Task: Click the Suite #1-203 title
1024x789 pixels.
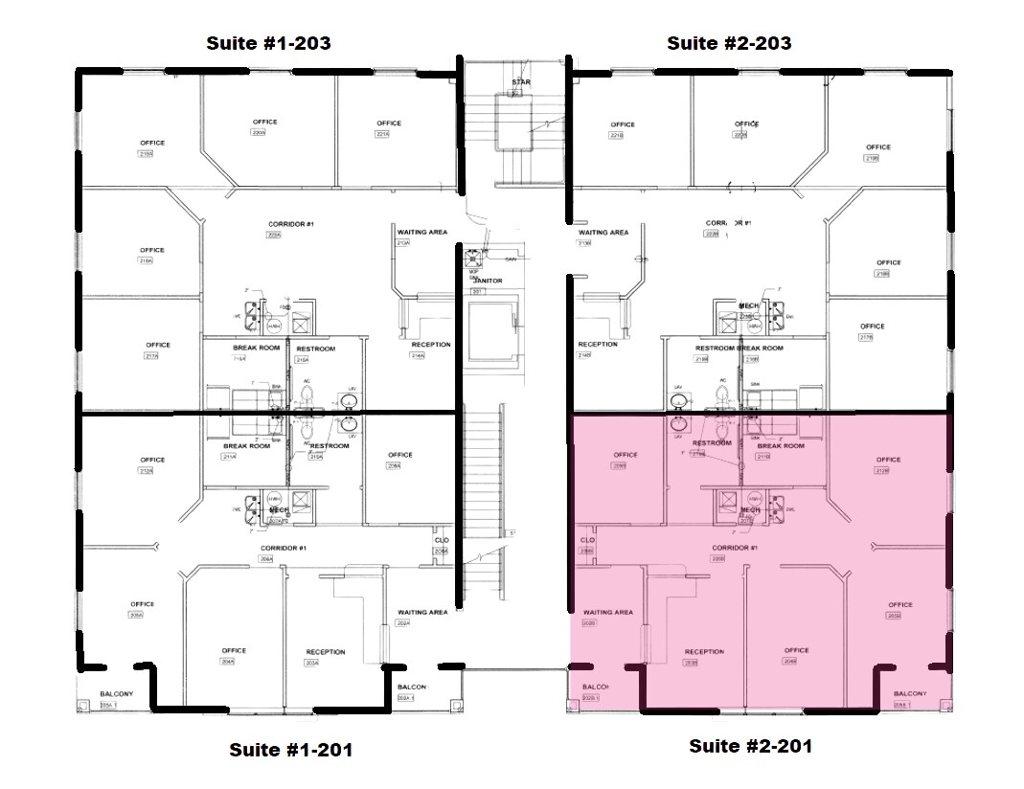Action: click(x=269, y=43)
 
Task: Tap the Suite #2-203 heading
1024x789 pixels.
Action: click(x=729, y=43)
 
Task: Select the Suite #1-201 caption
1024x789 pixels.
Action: click(x=290, y=750)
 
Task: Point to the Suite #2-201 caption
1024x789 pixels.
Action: click(x=750, y=746)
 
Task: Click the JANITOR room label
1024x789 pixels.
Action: click(x=488, y=281)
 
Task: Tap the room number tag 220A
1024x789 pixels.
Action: click(x=258, y=133)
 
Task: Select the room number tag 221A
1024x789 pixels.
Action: click(x=382, y=134)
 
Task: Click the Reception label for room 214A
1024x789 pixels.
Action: click(x=430, y=344)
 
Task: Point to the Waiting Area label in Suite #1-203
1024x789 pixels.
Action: click(x=422, y=231)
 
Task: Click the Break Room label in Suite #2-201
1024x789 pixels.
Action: click(x=781, y=446)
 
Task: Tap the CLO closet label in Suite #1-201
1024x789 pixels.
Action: click(x=441, y=541)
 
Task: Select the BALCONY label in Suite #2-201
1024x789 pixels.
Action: click(x=909, y=694)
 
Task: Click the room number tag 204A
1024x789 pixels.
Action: click(x=228, y=662)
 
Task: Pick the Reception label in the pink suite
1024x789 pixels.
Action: click(x=704, y=652)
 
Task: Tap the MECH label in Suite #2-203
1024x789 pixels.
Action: click(x=748, y=306)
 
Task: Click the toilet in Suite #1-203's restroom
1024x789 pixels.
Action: click(x=307, y=394)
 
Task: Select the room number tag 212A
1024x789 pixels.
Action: click(x=147, y=471)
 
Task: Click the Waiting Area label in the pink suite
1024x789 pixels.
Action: click(x=607, y=612)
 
